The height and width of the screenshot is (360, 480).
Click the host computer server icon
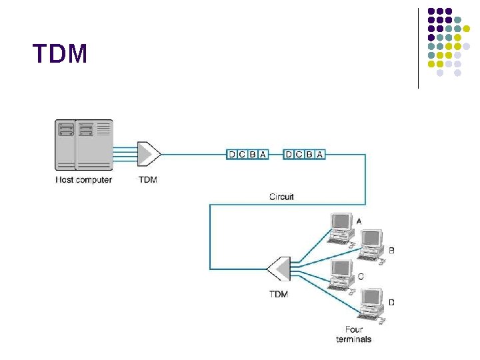click(83, 145)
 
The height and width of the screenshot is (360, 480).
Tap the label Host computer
click(83, 180)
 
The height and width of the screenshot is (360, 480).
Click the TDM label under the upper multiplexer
click(148, 180)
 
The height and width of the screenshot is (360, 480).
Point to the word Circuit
click(281, 197)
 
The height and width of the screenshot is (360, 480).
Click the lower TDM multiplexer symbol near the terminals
click(278, 269)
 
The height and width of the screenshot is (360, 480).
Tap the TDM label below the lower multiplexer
click(278, 294)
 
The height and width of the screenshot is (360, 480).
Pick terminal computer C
click(341, 275)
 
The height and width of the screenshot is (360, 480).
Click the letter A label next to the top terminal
click(359, 221)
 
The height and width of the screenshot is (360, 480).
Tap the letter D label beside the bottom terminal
click(391, 303)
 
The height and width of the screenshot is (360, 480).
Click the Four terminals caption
click(353, 334)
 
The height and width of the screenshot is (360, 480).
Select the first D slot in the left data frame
click(232, 155)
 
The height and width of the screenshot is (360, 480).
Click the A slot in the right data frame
click(320, 155)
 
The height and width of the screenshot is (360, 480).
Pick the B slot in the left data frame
click(252, 155)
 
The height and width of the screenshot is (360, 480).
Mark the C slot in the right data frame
click(299, 155)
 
